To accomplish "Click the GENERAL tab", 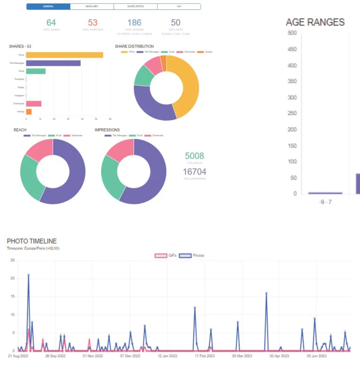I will [x=48, y=7].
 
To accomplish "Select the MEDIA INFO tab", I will [x=92, y=7].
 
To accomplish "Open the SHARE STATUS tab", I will [x=135, y=7].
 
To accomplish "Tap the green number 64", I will [x=51, y=23].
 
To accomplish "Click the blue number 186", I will [x=134, y=23].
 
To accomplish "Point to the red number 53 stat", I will [x=93, y=23].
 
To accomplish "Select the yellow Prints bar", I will [x=64, y=55].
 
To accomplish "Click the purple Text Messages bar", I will [x=53, y=63].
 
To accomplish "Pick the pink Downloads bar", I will [x=34, y=104].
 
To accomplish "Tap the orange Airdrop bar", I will [x=29, y=112].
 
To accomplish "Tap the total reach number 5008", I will [x=195, y=156].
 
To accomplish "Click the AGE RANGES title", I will [x=315, y=22].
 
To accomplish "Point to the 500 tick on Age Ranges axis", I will [x=292, y=33].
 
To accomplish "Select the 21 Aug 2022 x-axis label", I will [x=18, y=356].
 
